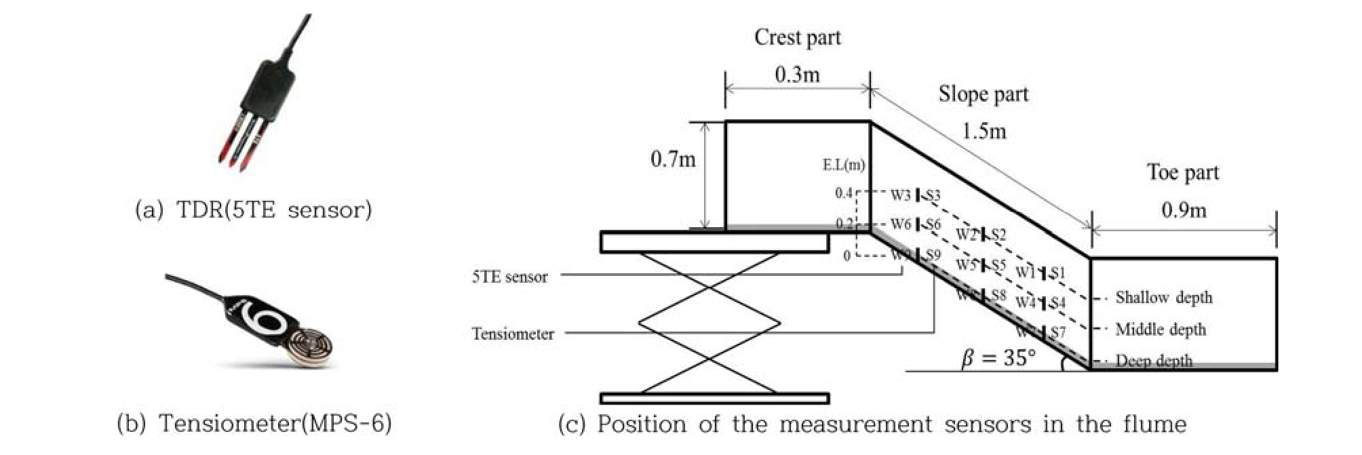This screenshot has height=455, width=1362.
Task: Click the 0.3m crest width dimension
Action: click(797, 74)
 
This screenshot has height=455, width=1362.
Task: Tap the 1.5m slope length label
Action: click(984, 130)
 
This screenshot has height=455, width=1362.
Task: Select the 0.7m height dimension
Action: click(673, 159)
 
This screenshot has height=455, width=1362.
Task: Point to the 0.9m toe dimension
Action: click(1184, 210)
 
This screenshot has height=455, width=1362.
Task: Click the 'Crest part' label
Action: click(797, 37)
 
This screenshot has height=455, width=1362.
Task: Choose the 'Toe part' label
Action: click(1182, 172)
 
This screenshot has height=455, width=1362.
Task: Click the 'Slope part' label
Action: click(983, 94)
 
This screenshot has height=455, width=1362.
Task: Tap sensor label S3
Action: click(933, 196)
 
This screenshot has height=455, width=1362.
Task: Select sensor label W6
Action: click(901, 224)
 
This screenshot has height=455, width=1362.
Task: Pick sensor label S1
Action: click(1057, 273)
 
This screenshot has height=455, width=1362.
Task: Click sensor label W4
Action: click(1026, 302)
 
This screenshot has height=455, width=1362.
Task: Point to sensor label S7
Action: click(1057, 332)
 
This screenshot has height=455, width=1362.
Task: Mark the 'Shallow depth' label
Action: click(1163, 298)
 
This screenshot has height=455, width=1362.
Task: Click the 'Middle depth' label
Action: click(1161, 330)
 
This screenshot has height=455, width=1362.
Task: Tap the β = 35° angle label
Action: click(998, 357)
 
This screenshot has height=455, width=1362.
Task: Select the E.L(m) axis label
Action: click(843, 165)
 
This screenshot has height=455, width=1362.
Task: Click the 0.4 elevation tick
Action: click(843, 193)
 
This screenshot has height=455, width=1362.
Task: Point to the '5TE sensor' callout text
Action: click(509, 277)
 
